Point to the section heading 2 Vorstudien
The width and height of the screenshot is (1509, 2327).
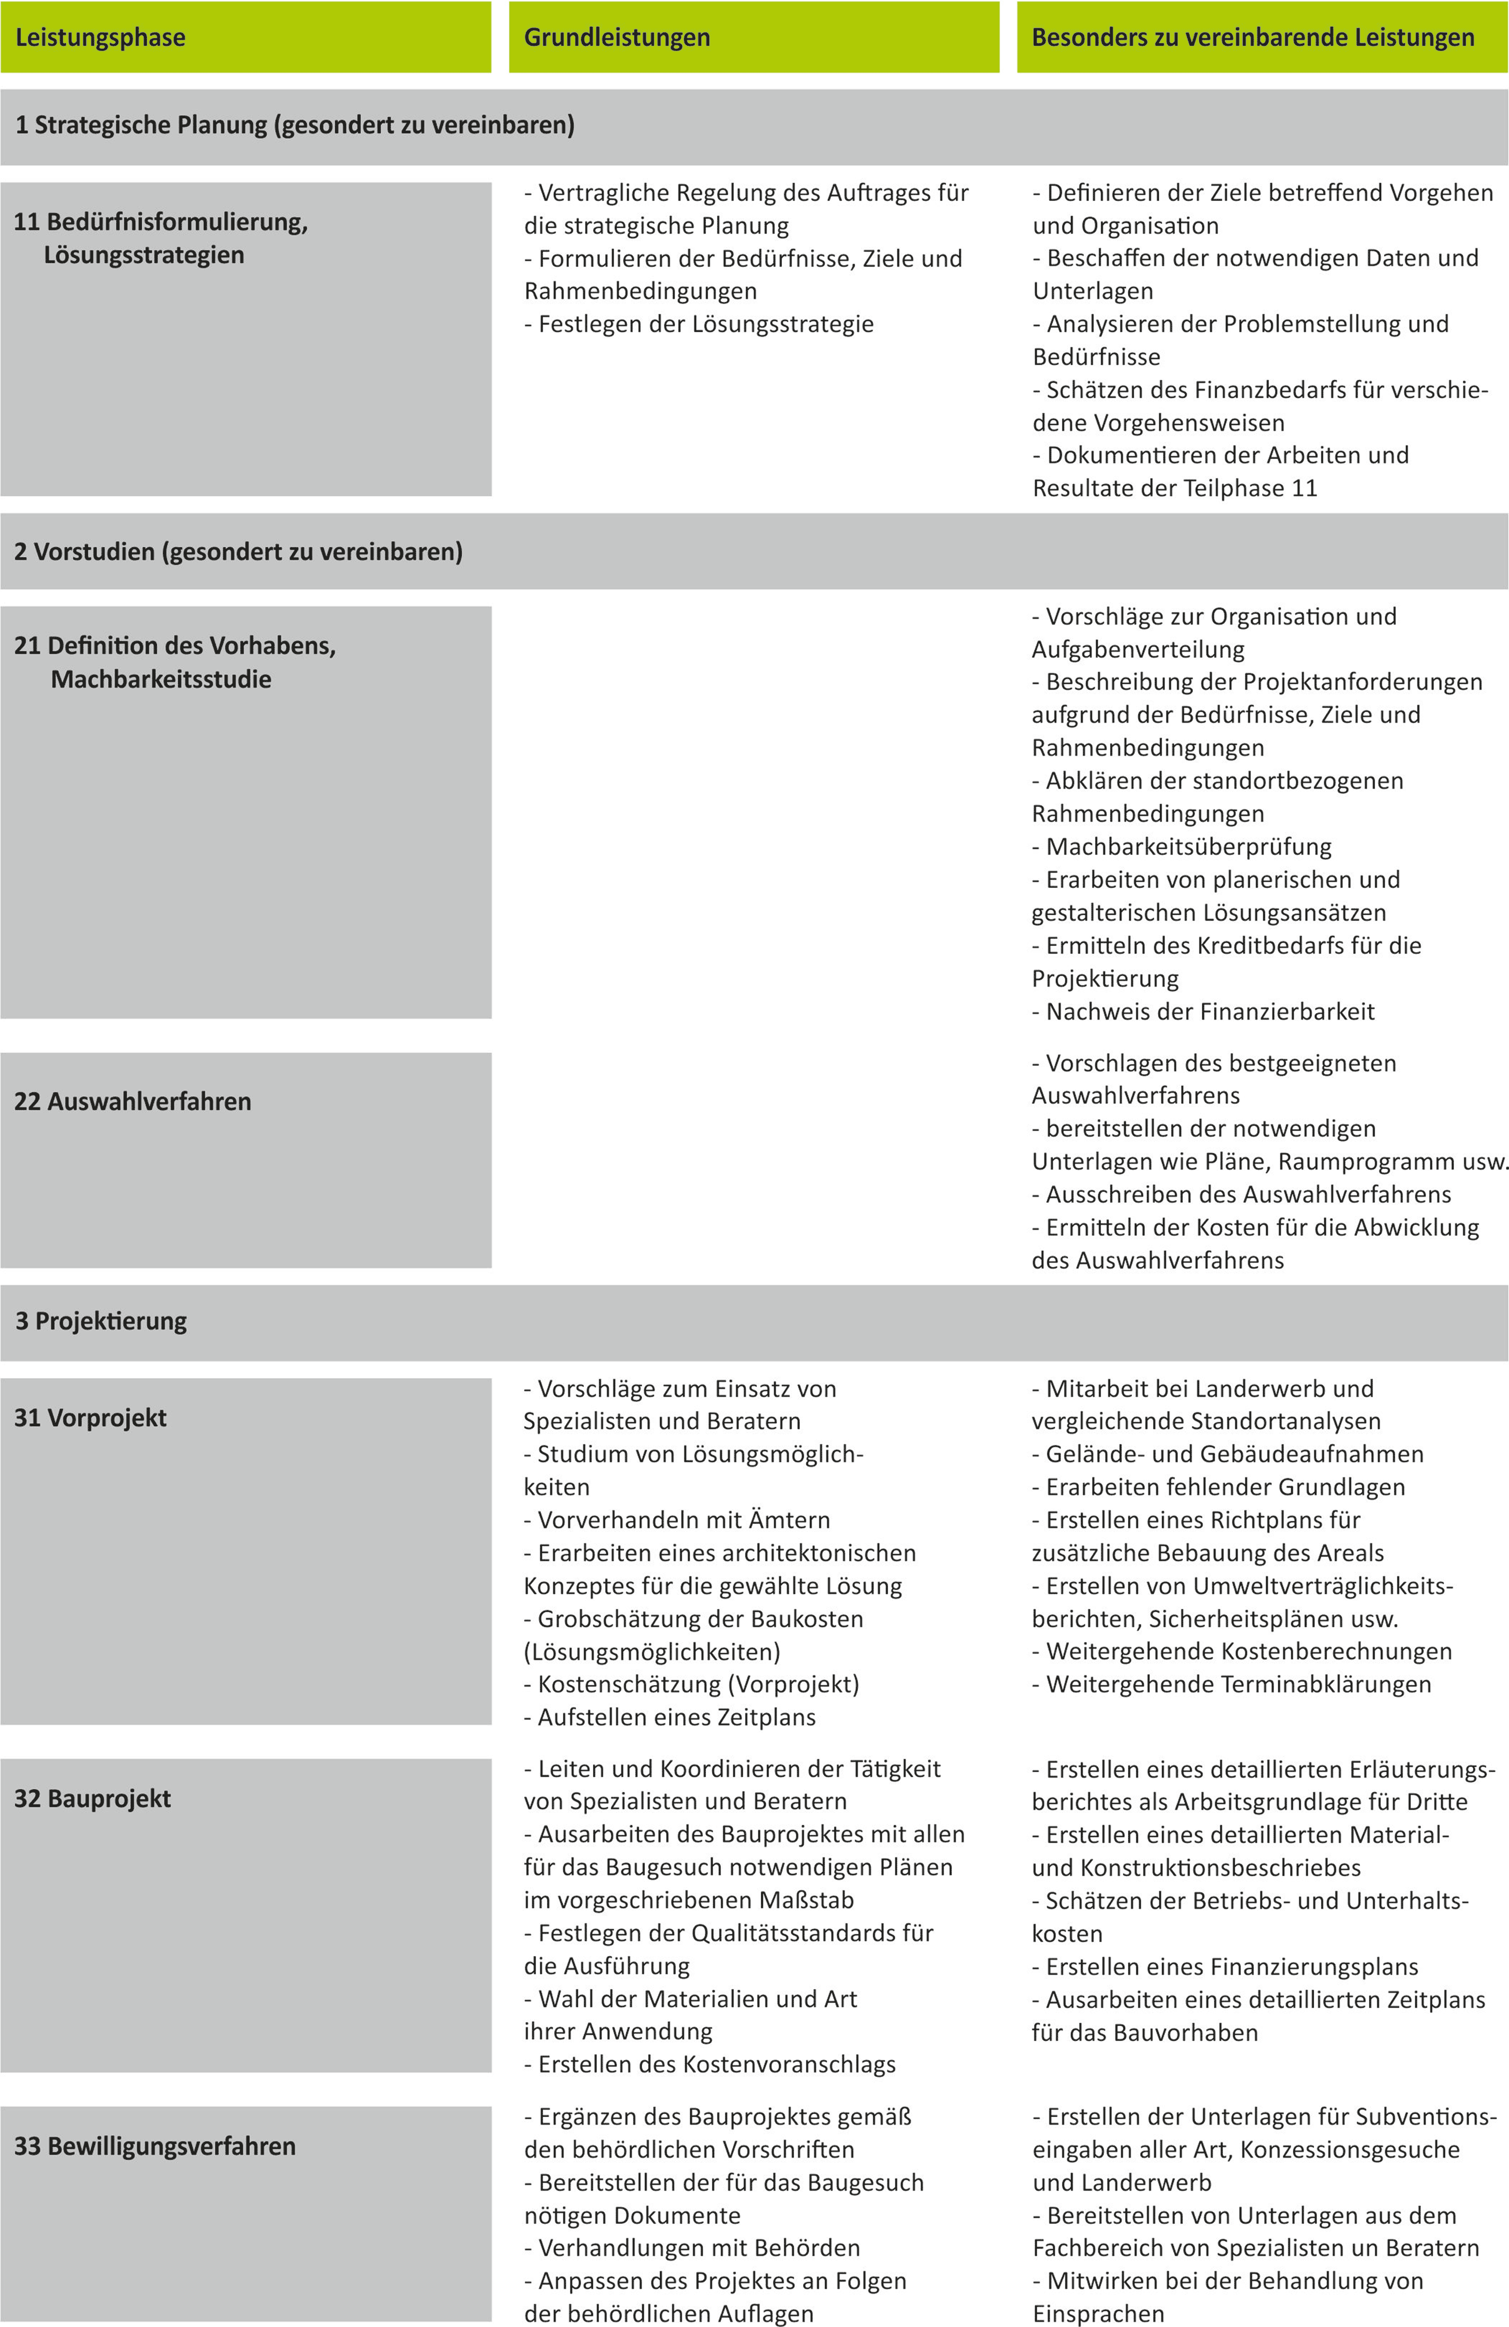(x=238, y=551)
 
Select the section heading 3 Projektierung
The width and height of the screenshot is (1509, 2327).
(x=102, y=1321)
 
